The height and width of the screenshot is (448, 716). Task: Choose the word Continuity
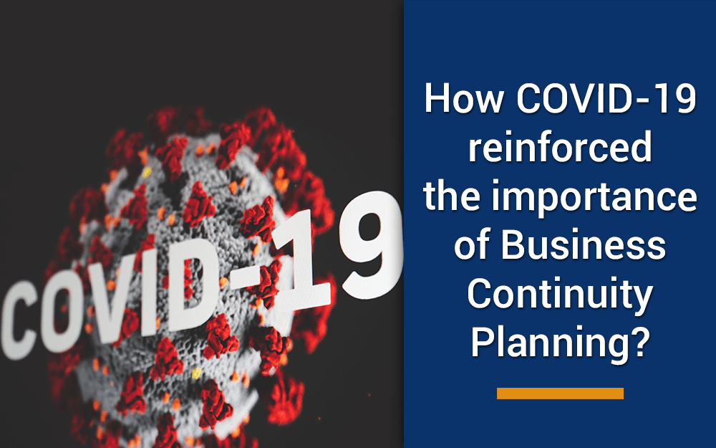(560, 296)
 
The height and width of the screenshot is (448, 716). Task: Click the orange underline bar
(560, 393)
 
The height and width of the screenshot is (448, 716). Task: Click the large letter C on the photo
(21, 320)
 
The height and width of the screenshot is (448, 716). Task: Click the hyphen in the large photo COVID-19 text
(246, 281)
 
